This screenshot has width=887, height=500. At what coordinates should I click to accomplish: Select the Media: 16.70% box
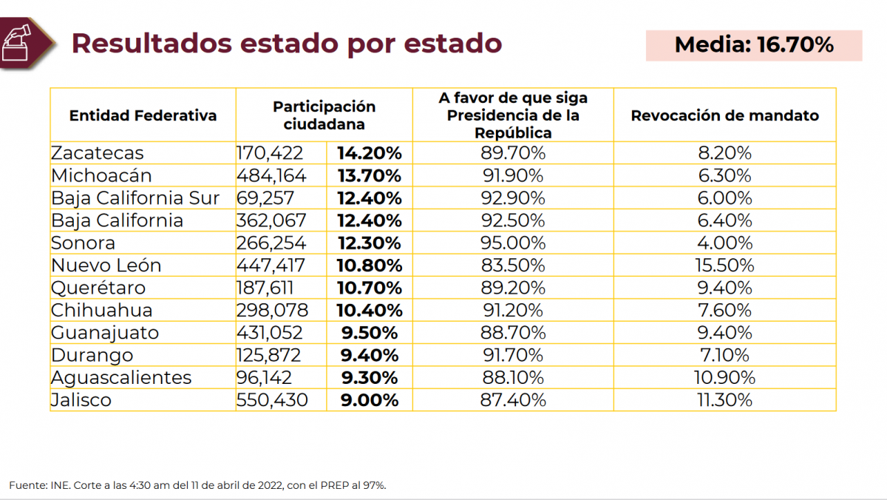coord(754,45)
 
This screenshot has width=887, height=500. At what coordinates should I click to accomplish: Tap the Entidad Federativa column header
coord(143,115)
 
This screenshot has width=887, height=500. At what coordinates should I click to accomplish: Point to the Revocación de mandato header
coord(724,115)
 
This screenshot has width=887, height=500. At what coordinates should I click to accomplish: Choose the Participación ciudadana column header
coord(324,115)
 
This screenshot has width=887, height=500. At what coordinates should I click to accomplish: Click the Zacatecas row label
coord(98,153)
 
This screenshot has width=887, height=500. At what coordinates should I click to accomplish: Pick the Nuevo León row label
coord(106,265)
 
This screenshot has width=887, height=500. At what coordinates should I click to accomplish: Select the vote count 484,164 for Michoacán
coord(271,176)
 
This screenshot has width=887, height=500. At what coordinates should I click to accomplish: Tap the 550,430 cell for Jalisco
coord(272,400)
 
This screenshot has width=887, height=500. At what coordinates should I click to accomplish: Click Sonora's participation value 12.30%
coord(369,243)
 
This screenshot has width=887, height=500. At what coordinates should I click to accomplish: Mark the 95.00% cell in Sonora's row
coord(513,243)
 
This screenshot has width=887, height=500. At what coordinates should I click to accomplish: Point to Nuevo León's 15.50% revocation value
coord(724,265)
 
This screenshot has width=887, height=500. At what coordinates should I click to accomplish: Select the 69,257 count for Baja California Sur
coord(265,198)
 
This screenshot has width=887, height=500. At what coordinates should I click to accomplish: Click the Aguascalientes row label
coord(121,377)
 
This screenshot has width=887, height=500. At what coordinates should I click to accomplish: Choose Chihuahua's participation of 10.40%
coord(369,310)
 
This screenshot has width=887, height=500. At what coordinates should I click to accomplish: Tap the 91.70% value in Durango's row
coord(513,355)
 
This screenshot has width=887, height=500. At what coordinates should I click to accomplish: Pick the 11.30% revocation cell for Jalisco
coord(724,400)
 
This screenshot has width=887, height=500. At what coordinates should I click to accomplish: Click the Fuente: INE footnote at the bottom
coord(197,485)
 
